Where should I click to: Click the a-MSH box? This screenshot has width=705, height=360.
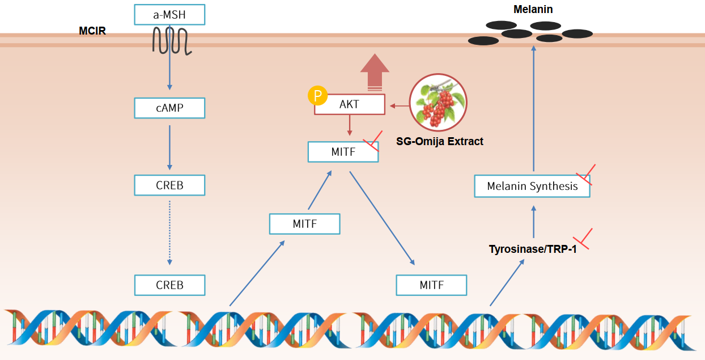pyautogui.click(x=169, y=15)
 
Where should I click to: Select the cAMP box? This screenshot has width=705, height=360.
pyautogui.click(x=169, y=108)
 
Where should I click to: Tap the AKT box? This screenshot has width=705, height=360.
pyautogui.click(x=350, y=105)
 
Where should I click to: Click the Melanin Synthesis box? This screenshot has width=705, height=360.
pyautogui.click(x=532, y=186)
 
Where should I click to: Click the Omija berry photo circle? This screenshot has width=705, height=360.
pyautogui.click(x=438, y=102)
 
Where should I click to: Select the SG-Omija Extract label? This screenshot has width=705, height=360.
pyautogui.click(x=440, y=141)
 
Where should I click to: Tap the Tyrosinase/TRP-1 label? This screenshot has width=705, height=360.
pyautogui.click(x=533, y=248)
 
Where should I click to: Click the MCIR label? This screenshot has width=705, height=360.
pyautogui.click(x=92, y=31)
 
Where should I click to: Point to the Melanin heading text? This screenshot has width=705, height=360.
pyautogui.click(x=533, y=9)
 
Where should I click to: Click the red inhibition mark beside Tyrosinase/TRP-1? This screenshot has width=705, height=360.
pyautogui.click(x=583, y=239)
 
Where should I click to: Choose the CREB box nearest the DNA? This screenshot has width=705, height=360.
pyautogui.click(x=169, y=285)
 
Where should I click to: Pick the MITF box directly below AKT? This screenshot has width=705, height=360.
pyautogui.click(x=343, y=152)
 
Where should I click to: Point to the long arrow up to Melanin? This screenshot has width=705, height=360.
pyautogui.click(x=533, y=108)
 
